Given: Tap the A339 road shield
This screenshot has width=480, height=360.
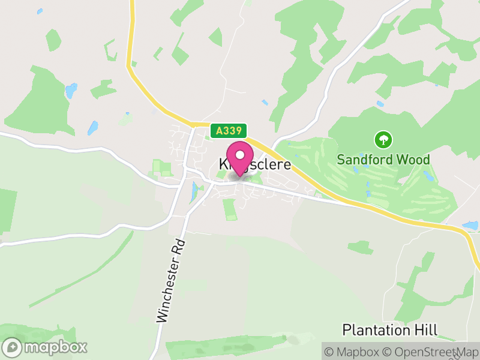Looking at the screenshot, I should (229, 130).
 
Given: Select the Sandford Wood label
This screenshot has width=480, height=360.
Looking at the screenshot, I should (383, 160).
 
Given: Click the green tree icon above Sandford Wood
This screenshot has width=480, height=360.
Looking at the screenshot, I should (383, 140).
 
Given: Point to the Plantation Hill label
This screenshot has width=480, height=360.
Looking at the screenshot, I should (390, 329).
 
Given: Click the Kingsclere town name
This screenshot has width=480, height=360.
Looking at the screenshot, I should (254, 164).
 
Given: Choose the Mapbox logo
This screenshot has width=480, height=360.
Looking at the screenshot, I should (46, 347).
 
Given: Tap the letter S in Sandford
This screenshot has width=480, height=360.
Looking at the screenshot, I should (340, 160).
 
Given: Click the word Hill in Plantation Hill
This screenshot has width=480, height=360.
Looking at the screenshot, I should (428, 329).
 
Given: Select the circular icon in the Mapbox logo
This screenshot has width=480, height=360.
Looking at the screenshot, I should (12, 347).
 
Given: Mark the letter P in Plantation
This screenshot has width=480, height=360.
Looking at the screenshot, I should (346, 329).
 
